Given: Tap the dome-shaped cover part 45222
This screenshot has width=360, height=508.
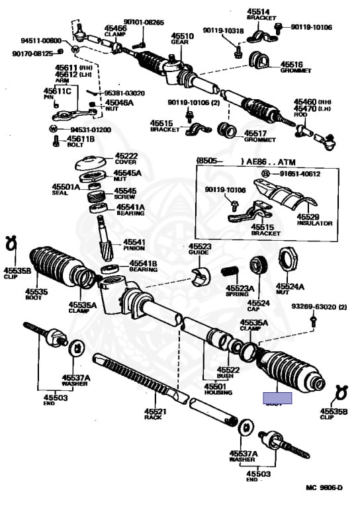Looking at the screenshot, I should (x=92, y=162).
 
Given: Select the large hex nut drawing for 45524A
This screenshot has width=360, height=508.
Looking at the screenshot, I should (x=290, y=259).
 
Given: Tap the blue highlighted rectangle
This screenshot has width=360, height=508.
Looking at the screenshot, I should (x=277, y=398).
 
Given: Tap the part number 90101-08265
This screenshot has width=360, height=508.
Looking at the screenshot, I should (x=146, y=22).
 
